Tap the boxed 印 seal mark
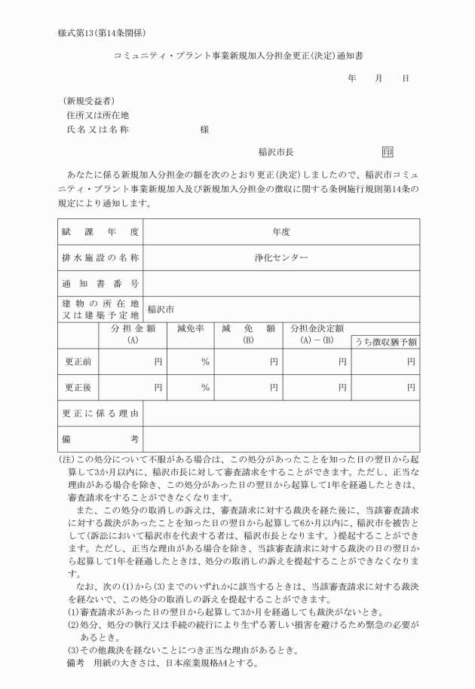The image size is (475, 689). click(388, 151)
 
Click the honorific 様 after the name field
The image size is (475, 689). click(204, 130)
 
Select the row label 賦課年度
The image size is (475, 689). click(101, 232)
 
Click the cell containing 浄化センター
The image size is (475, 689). click(281, 258)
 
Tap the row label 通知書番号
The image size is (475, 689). click(101, 283)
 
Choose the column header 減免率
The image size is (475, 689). click(190, 328)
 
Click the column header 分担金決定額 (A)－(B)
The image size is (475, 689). click(317, 334)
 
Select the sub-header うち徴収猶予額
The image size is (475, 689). click(386, 343)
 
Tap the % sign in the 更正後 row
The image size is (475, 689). click(204, 388)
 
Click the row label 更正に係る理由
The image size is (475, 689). click(101, 413)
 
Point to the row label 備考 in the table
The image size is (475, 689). click(101, 439)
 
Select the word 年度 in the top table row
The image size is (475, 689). click(281, 232)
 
